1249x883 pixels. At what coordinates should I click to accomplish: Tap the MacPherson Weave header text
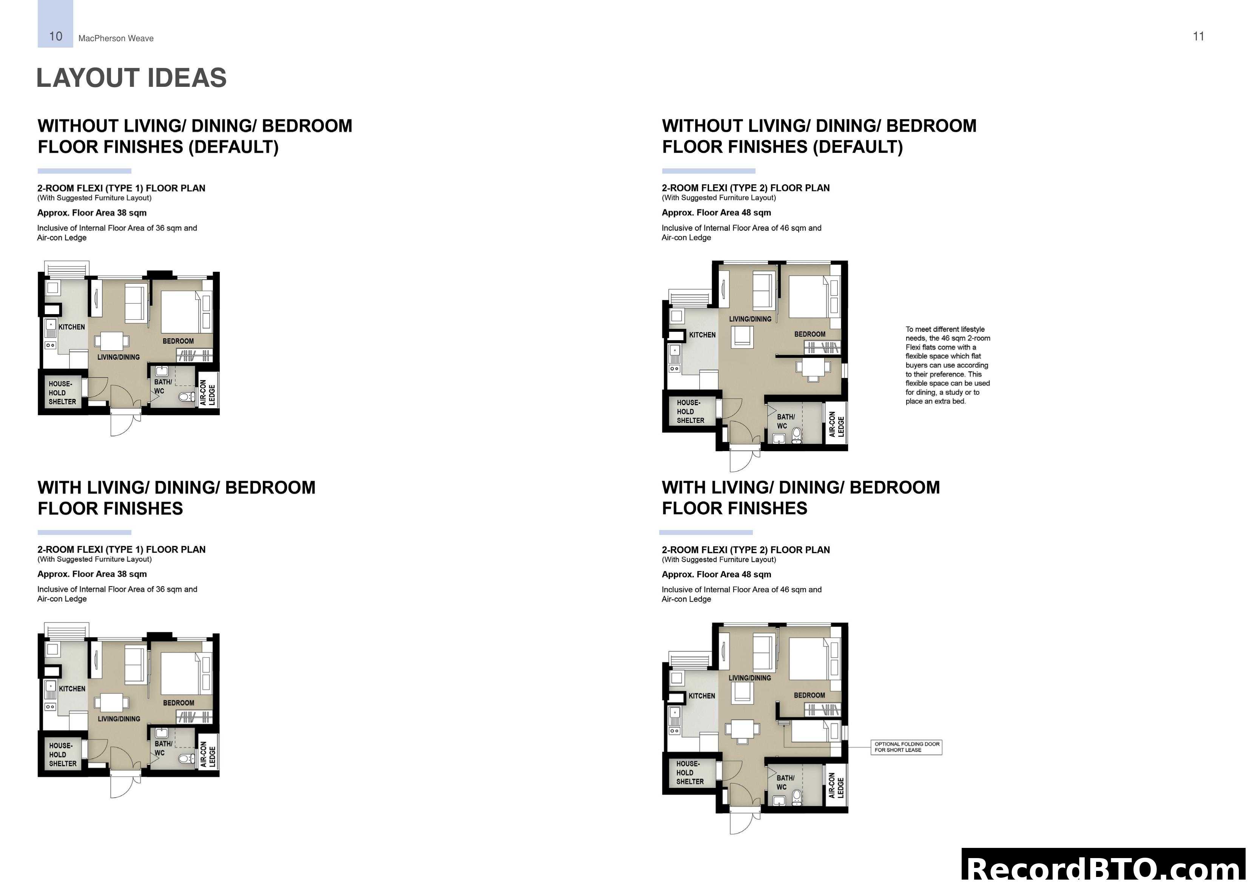coord(116,38)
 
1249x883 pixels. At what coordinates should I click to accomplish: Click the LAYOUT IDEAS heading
coord(131,78)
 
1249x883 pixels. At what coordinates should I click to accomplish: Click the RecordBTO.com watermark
coord(1104,868)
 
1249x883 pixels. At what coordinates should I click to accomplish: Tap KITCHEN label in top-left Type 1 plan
coord(71,327)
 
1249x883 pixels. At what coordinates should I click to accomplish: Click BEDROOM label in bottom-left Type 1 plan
coord(179,703)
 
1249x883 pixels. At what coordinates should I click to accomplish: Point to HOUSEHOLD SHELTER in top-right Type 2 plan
coord(690,411)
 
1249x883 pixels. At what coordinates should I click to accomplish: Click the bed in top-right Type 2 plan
coord(807,296)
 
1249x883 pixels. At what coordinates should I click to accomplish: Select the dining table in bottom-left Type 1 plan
coord(111,702)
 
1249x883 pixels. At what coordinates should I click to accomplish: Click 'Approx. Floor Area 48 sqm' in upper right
coord(716,213)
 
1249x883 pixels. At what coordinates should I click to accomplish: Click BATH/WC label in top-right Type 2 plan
coord(785,421)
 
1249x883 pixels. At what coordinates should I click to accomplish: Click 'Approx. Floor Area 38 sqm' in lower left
coord(92,574)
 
